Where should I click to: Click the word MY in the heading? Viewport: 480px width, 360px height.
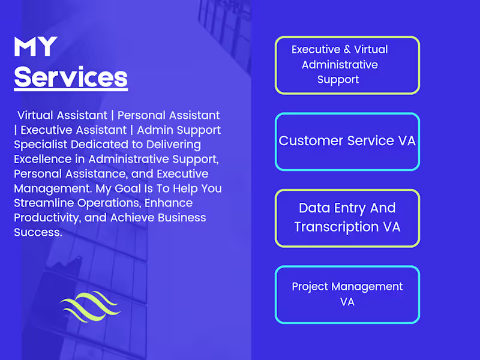(x=35, y=47)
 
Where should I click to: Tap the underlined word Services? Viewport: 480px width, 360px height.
(x=71, y=77)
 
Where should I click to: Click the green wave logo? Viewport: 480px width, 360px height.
(x=90, y=307)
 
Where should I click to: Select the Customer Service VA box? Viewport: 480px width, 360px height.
(x=347, y=142)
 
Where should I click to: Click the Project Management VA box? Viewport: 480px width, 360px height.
(x=347, y=295)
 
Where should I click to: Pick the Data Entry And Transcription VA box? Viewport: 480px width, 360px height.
(x=347, y=218)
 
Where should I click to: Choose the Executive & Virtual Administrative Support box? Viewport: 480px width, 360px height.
(x=347, y=65)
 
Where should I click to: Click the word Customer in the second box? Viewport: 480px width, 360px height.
(x=311, y=141)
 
